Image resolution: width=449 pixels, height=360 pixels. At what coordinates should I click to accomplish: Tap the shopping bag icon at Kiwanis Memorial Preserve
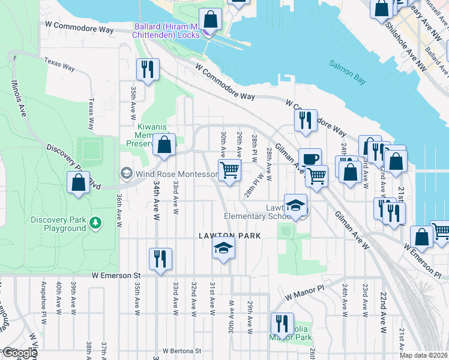tap(164, 145)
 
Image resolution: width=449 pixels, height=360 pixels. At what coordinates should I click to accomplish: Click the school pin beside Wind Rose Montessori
tap(127, 174)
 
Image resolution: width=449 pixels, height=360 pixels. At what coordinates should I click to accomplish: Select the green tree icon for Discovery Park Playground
tap(95, 223)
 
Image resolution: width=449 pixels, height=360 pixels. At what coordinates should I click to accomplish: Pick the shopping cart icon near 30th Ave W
tap(229, 170)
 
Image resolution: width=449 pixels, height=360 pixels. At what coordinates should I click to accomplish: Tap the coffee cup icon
tap(310, 159)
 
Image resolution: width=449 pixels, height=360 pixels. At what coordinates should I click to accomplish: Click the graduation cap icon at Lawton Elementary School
tap(295, 205)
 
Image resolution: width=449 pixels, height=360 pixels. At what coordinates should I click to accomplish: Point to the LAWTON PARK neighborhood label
tap(230, 236)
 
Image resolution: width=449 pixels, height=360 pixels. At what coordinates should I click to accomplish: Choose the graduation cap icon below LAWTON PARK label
tap(223, 248)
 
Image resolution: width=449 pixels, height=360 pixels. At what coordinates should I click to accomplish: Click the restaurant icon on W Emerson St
tap(160, 259)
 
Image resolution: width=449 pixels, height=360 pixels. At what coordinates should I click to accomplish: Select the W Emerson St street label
tap(115, 275)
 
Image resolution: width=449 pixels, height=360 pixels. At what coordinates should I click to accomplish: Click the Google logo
tap(19, 353)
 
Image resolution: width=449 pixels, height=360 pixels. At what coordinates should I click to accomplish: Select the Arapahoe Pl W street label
tap(43, 298)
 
